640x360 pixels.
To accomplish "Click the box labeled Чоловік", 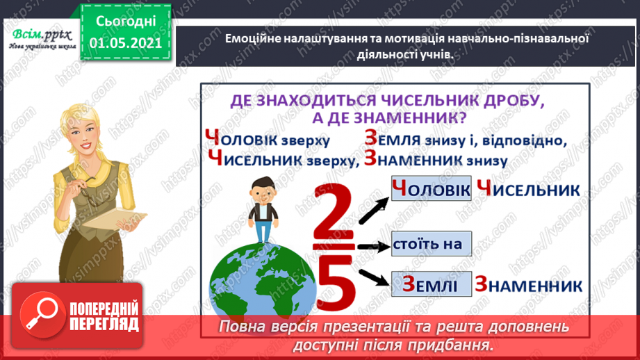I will coord(431,188).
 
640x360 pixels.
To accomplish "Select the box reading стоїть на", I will coord(431,244).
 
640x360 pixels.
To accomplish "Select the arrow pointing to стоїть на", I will coord(372,245).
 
